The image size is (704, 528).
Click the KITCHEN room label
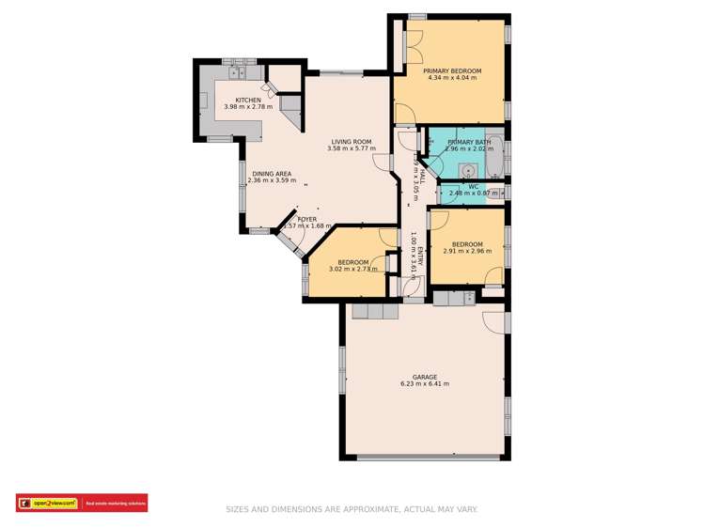click(x=248, y=100)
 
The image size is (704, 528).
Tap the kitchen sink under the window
click(x=235, y=70)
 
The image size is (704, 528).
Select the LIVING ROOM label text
click(x=352, y=141)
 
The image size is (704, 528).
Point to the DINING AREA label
click(x=271, y=173)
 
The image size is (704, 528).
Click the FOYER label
click(x=306, y=218)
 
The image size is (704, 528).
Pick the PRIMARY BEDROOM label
click(x=451, y=70)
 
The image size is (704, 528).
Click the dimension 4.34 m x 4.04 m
click(x=451, y=78)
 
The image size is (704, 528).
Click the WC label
click(x=473, y=186)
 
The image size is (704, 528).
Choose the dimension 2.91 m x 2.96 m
click(x=467, y=251)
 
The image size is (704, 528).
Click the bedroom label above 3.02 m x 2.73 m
click(x=353, y=262)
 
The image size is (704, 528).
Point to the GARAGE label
click(x=424, y=377)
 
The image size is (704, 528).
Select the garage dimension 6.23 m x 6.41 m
click(x=424, y=384)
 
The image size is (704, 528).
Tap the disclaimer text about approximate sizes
click(x=352, y=509)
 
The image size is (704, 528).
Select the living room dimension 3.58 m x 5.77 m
click(x=352, y=148)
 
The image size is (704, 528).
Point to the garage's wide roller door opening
click(x=424, y=458)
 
